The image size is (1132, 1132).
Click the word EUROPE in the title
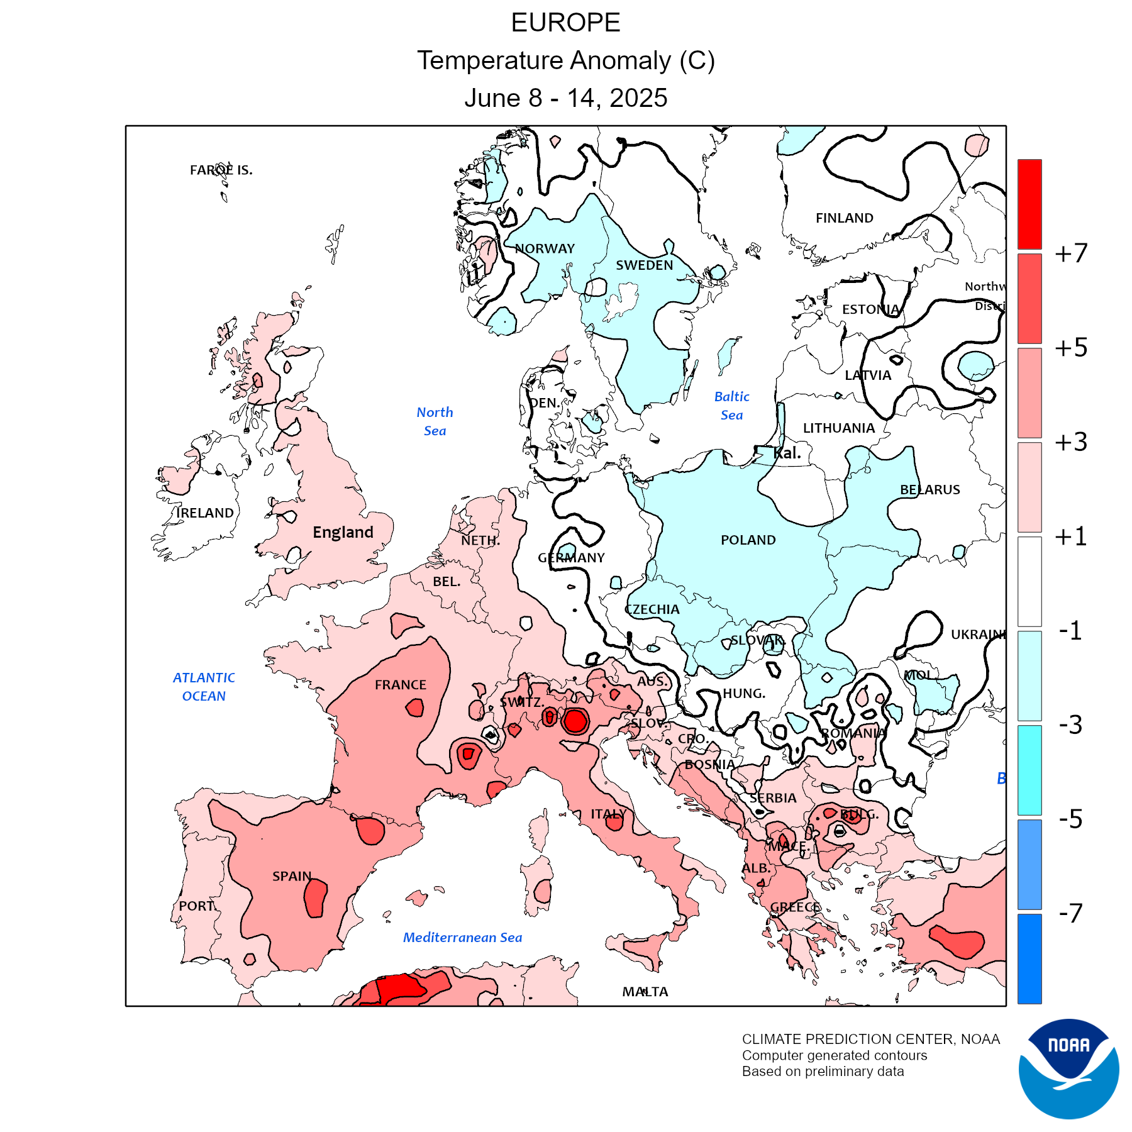coord(565,23)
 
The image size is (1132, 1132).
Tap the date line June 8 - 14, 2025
coord(565,98)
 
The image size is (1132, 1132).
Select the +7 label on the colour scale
coord(1071,253)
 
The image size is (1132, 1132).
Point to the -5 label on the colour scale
coord(1070,819)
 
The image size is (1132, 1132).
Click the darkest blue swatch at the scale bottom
coord(1029,958)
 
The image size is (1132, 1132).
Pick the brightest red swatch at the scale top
coord(1029,204)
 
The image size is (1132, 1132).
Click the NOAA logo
coord(1068,1068)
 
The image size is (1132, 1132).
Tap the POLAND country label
coord(748,540)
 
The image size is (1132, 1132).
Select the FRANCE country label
coord(401,685)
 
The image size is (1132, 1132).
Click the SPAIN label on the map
coord(292,876)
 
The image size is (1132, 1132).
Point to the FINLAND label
coord(844,218)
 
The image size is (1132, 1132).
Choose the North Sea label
coord(435,421)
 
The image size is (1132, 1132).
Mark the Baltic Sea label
coord(731,406)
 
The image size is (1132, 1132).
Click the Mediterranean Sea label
coord(462,938)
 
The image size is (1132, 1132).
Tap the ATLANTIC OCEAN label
coord(204,687)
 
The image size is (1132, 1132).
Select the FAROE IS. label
coord(221,170)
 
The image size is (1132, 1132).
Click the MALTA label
coord(645,992)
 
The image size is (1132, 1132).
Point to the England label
coord(343,533)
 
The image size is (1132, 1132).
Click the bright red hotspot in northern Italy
coord(575,721)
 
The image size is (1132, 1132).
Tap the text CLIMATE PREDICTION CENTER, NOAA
coord(870,1039)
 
